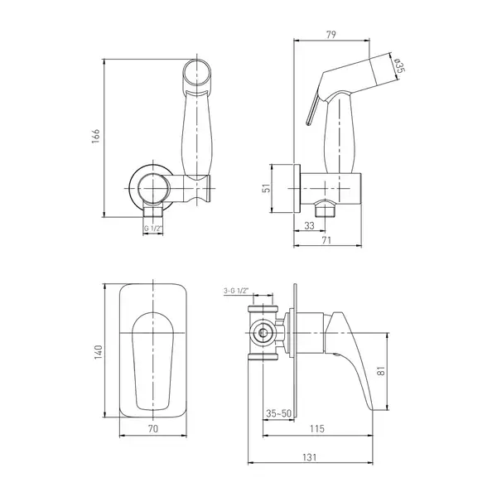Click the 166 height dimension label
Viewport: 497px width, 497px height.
click(96, 136)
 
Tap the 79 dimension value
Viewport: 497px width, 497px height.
click(331, 34)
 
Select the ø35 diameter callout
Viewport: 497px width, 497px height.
click(398, 66)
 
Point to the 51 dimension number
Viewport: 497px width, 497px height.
click(268, 188)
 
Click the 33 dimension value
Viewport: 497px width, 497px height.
click(309, 225)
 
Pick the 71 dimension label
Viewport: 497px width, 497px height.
click(326, 240)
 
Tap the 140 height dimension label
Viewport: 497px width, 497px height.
click(99, 352)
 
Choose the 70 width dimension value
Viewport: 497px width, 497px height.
click(152, 428)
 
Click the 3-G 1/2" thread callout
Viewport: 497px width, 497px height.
click(236, 291)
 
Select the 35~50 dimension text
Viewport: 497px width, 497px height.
click(278, 413)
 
